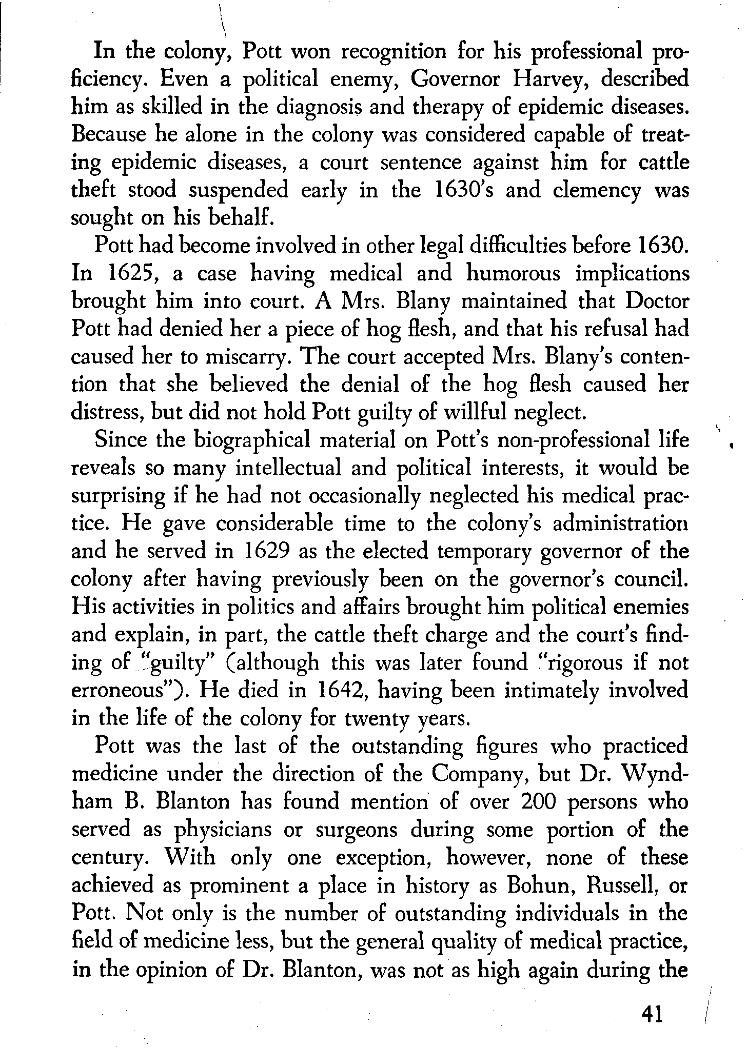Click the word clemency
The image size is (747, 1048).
598,191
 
